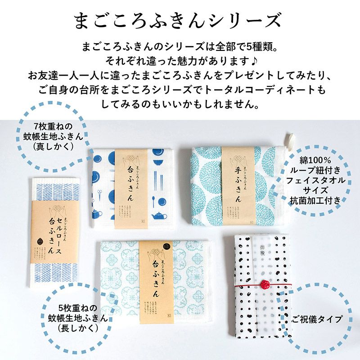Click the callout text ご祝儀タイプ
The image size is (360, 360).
pos(317,319)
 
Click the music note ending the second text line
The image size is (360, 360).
pos(258,60)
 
